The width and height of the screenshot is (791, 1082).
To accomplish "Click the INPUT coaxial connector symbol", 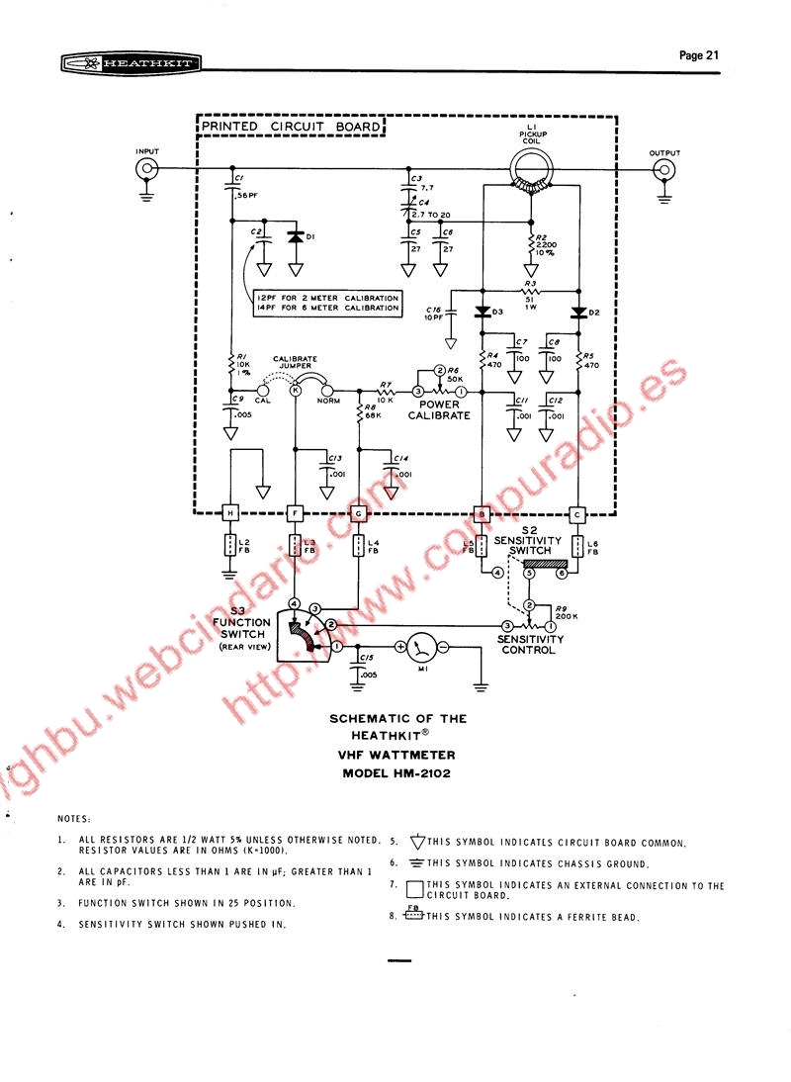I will (x=146, y=169).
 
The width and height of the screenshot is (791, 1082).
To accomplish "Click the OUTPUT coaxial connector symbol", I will (x=664, y=169).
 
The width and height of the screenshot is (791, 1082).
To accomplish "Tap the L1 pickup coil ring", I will (x=532, y=170).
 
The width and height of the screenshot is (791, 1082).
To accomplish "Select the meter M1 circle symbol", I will (x=423, y=647).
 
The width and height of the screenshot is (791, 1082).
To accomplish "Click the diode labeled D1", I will (x=295, y=237).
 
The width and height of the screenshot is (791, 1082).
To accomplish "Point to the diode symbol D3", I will (x=482, y=313).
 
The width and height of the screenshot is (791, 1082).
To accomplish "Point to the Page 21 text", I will (x=698, y=55).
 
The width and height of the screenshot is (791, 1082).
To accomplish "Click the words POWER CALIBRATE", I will (x=439, y=409).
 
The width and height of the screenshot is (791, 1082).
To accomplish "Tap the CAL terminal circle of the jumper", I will (x=262, y=392).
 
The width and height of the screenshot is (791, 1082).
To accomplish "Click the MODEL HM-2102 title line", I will (x=395, y=773).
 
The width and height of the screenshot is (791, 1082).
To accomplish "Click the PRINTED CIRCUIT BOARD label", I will (x=290, y=128).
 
